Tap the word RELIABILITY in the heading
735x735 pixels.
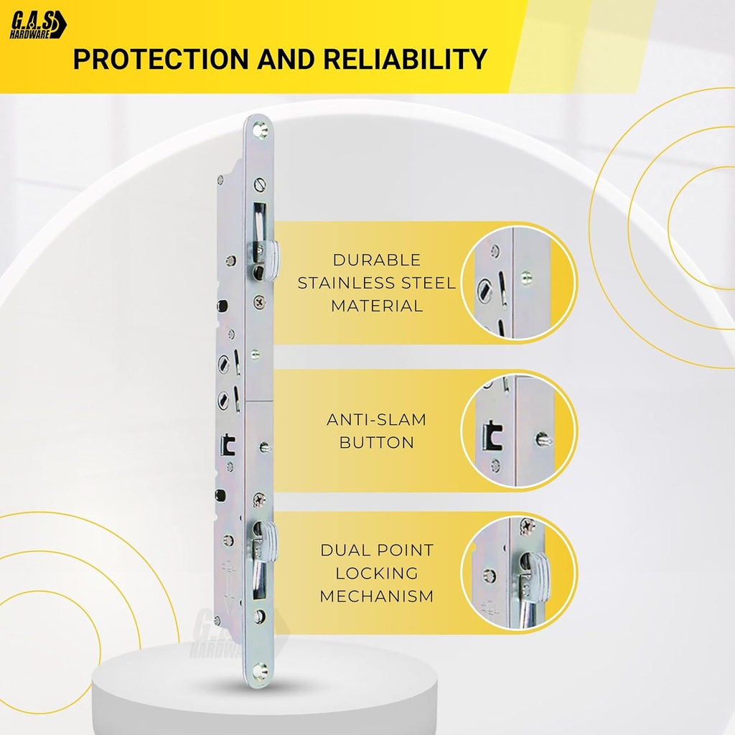(406, 59)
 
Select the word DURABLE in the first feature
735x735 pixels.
(376, 260)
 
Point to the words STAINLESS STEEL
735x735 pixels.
(376, 283)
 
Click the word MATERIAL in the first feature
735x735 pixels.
(376, 306)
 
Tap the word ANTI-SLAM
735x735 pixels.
(376, 420)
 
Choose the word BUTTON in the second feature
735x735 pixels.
(376, 443)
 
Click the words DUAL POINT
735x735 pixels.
(376, 551)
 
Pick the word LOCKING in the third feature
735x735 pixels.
(376, 574)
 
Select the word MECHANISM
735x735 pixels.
(376, 596)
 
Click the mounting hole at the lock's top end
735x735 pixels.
(259, 129)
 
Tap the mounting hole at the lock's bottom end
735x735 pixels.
(259, 670)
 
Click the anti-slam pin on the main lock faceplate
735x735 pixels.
(265, 448)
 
